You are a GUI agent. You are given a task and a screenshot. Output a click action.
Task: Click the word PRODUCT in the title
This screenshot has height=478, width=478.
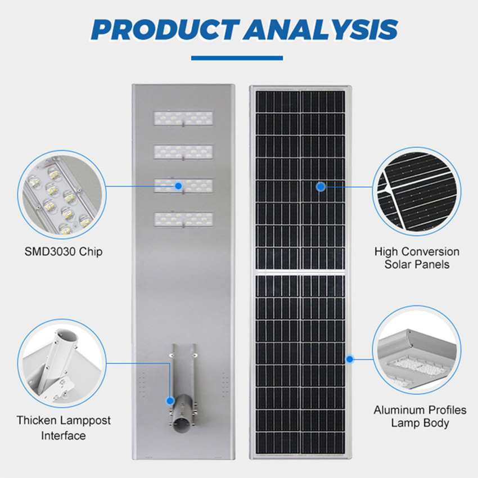pyautogui.click(x=165, y=30)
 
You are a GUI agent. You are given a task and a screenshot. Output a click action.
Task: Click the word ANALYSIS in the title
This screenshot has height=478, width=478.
pyautogui.click(x=321, y=30)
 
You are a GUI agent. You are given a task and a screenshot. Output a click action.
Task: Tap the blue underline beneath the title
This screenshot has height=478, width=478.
pyautogui.click(x=237, y=58)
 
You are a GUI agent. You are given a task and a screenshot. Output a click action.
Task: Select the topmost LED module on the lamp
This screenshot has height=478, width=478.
pyautogui.click(x=183, y=118)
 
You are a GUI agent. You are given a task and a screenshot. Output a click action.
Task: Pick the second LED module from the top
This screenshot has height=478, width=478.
pyautogui.click(x=183, y=152)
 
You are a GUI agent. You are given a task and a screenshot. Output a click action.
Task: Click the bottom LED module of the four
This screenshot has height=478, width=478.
pyautogui.click(x=183, y=219)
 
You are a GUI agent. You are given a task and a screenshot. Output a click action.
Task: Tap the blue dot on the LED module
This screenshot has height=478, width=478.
pyautogui.click(x=178, y=186)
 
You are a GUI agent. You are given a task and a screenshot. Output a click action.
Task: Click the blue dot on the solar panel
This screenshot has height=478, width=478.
pyautogui.click(x=321, y=187)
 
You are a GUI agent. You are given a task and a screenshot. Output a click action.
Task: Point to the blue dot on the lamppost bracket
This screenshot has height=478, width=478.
pyautogui.click(x=170, y=401)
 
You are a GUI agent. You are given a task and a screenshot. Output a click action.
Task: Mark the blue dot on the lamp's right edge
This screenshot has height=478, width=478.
pyautogui.click(x=350, y=359)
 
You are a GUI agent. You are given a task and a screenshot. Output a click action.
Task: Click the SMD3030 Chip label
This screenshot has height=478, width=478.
pyautogui.click(x=64, y=252)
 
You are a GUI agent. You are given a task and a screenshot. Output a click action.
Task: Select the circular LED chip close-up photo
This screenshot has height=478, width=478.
pyautogui.click(x=62, y=194)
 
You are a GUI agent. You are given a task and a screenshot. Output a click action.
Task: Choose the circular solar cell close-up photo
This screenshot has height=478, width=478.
pyautogui.click(x=416, y=191)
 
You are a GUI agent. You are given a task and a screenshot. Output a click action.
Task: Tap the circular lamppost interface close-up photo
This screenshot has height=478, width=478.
pyautogui.click(x=62, y=363)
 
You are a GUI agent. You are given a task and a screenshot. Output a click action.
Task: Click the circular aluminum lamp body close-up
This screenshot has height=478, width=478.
pyautogui.click(x=416, y=350)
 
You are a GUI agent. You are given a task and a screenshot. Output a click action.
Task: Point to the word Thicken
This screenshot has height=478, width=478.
pyautogui.click(x=35, y=420)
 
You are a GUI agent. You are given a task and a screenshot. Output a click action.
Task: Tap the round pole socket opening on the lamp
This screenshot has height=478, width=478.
pyautogui.click(x=182, y=425)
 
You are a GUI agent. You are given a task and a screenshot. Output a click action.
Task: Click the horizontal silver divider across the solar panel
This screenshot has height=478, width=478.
pyautogui.click(x=300, y=272)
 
